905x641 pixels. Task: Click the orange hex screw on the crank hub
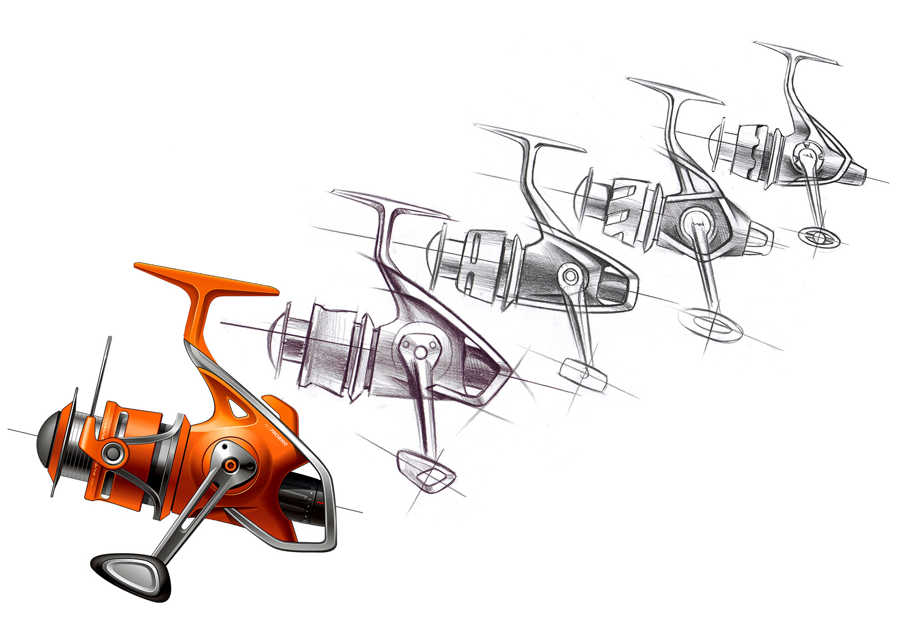tap(232, 465)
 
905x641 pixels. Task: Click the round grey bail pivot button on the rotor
tap(112, 454)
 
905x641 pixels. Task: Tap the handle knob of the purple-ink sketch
tap(425, 470)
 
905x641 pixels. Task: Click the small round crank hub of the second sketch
tap(570, 276)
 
